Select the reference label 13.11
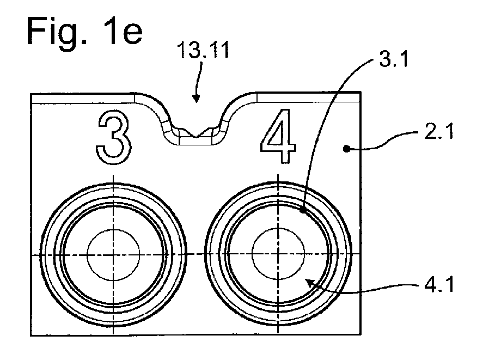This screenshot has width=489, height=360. (203, 50)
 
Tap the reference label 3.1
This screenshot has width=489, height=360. (394, 59)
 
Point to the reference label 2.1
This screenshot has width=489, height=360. (439, 131)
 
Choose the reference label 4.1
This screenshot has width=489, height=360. (439, 284)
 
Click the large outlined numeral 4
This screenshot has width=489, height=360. (278, 136)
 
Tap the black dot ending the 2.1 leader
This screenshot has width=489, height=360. (346, 149)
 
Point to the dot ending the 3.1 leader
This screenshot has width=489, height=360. (303, 210)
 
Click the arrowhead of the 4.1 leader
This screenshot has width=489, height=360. (309, 283)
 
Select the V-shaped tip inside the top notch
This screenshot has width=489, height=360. (196, 137)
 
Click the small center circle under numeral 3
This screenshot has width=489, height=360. (113, 255)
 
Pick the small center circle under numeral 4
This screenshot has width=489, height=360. (278, 254)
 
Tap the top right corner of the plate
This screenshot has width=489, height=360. (361, 92)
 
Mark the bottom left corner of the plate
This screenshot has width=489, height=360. (30, 335)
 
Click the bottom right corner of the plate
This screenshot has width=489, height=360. (361, 334)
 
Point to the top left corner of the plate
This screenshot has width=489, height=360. (30, 94)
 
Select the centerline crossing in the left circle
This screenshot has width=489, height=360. (113, 255)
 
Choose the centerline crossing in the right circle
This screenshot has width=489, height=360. (278, 254)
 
